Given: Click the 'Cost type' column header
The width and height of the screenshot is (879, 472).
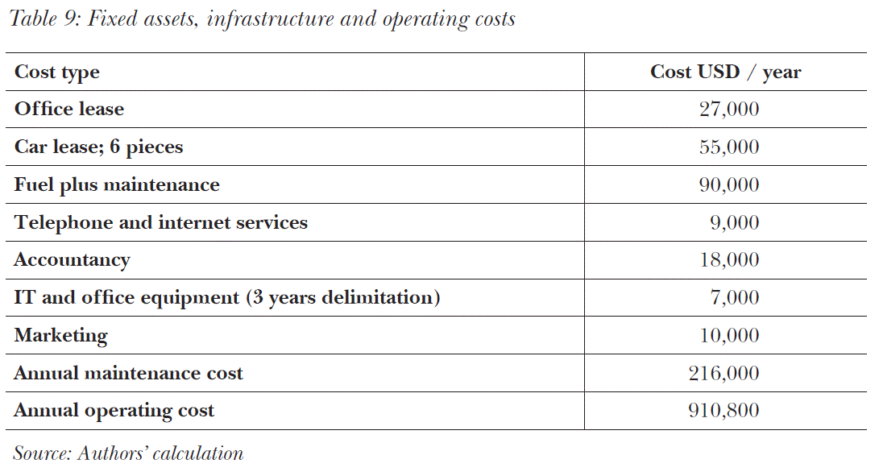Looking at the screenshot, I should [x=57, y=72].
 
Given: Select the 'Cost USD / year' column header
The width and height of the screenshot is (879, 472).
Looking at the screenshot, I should [x=725, y=72].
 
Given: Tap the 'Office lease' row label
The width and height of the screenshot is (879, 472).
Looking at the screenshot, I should [x=69, y=110].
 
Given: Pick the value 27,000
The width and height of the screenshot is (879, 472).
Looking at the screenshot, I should [x=728, y=110].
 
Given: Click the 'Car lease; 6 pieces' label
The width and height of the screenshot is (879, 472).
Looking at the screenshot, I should [x=98, y=147].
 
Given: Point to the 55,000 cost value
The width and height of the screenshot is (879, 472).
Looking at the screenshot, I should [x=728, y=147].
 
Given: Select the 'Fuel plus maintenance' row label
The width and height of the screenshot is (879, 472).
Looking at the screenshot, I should [x=117, y=185].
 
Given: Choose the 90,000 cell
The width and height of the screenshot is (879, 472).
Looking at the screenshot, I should [x=728, y=185].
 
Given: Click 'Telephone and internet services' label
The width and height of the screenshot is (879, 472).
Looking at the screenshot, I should [x=161, y=222].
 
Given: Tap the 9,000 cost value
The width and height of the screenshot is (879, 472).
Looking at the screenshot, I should [x=734, y=222].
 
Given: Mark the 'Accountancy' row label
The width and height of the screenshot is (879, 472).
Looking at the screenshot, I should [x=72, y=260].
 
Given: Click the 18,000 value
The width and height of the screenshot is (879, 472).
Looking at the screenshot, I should [x=728, y=260].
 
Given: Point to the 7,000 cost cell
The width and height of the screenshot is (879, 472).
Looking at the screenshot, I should [x=734, y=298].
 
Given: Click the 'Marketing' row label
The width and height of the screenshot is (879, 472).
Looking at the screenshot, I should [x=61, y=336].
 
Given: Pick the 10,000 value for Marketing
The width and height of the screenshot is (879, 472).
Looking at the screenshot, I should [x=728, y=336].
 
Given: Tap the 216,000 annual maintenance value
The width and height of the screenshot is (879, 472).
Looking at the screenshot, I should [x=724, y=374].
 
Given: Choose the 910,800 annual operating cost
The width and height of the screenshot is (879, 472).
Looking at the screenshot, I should [x=724, y=412].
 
